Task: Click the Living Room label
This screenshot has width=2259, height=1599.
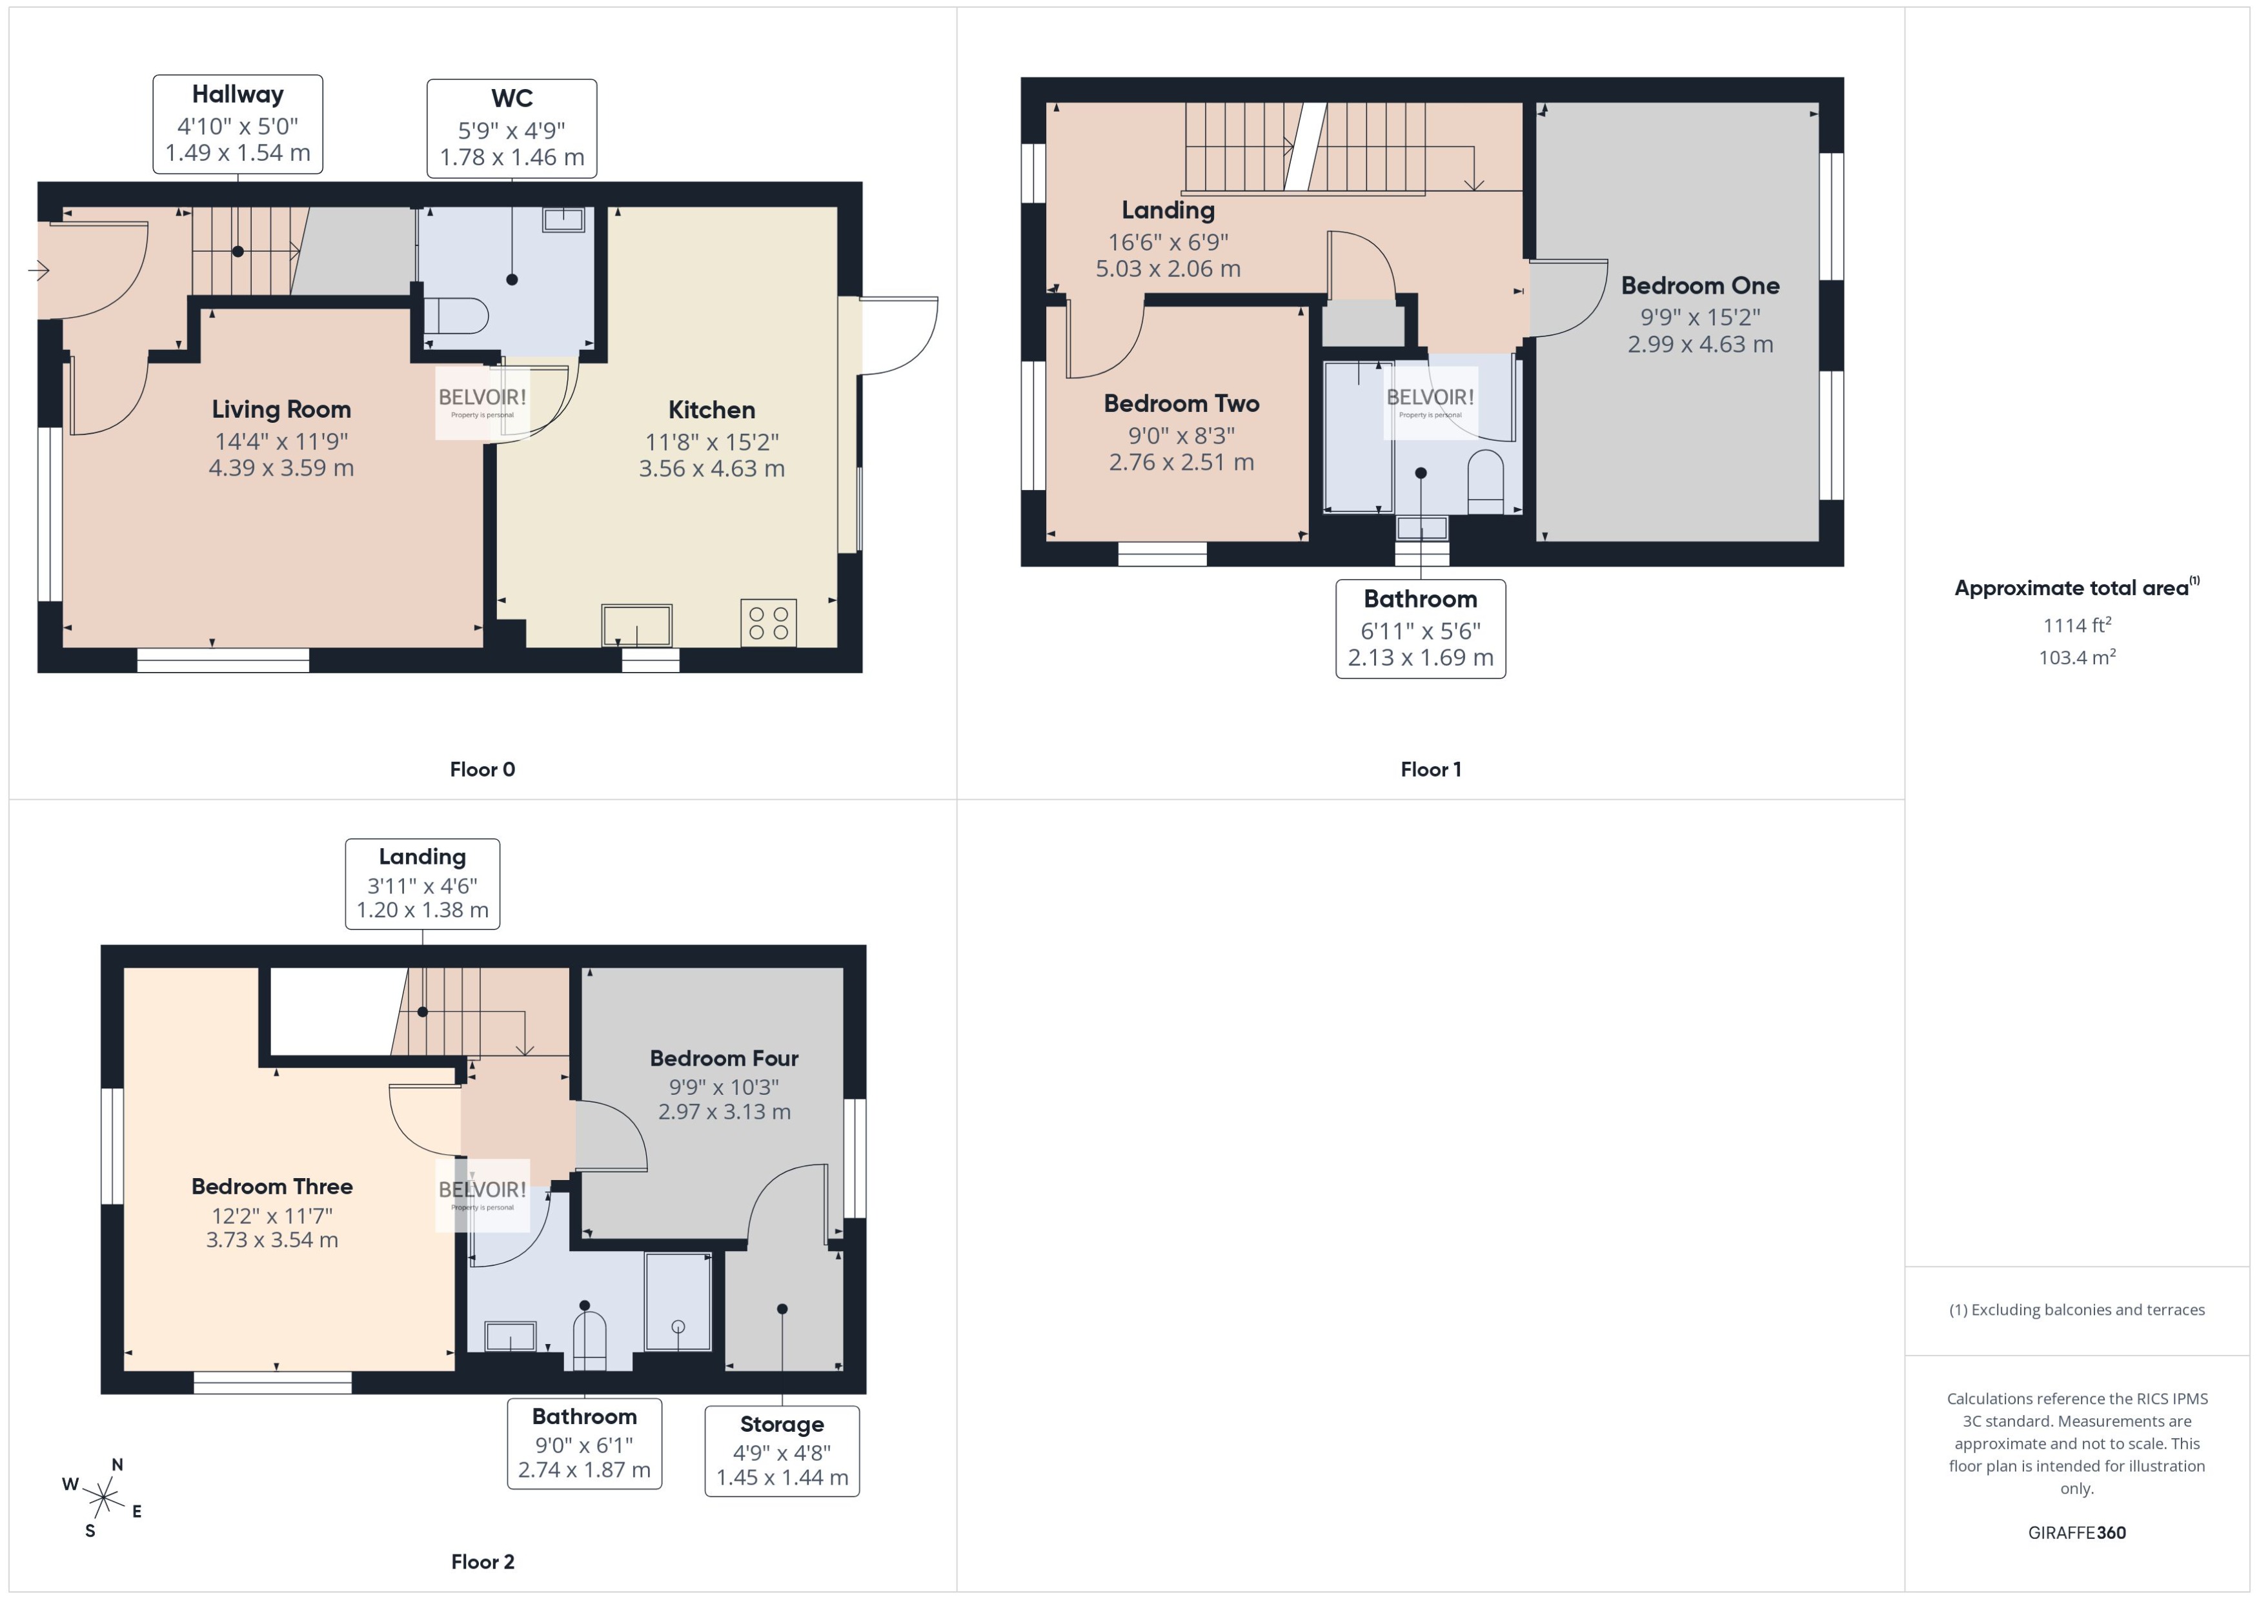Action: click(x=281, y=410)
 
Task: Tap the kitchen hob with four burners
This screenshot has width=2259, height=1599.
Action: click(x=768, y=623)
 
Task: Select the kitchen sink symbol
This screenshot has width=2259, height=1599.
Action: click(x=637, y=626)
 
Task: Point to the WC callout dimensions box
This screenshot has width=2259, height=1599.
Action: click(x=511, y=129)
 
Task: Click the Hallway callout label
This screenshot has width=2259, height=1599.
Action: click(x=238, y=94)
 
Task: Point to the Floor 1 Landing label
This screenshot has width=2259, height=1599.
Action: click(x=1168, y=210)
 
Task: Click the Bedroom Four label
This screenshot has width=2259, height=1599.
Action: click(x=724, y=1059)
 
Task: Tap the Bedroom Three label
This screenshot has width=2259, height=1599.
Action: click(x=272, y=1187)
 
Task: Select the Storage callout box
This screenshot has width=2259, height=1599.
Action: click(x=782, y=1451)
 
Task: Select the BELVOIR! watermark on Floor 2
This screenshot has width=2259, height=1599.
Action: click(x=482, y=1194)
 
